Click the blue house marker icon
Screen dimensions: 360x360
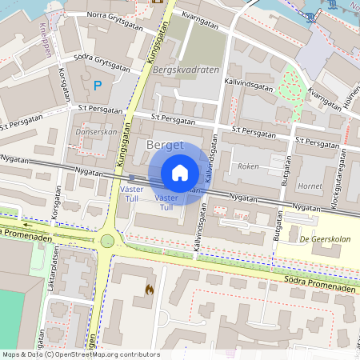(x=180, y=173)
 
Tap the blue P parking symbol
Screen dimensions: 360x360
(x=98, y=85)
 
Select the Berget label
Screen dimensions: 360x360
(x=166, y=145)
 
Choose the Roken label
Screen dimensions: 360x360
(x=248, y=166)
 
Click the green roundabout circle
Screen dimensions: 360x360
(x=107, y=241)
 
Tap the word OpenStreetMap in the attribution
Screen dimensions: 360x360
(x=90, y=354)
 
